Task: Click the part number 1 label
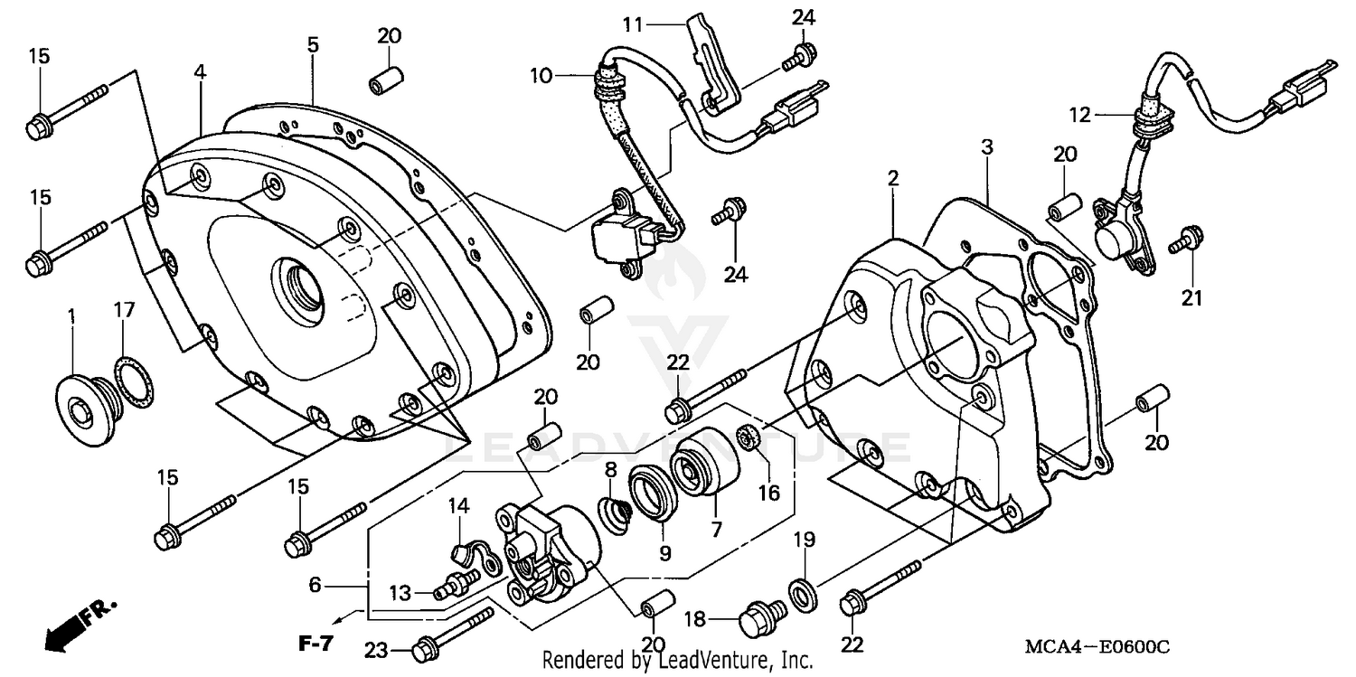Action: point(71,317)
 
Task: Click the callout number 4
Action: point(199,71)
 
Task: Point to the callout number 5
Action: point(312,44)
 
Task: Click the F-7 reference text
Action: point(316,644)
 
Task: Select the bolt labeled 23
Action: point(452,632)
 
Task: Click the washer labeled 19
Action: point(801,592)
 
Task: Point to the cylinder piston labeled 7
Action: point(704,464)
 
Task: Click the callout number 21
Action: point(1192,297)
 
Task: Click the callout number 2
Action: point(893,179)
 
